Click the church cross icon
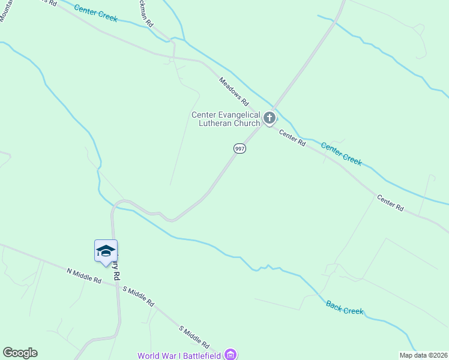(x=270, y=118)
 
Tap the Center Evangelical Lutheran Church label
(x=226, y=119)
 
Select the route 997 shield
(x=239, y=149)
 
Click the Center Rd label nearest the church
(x=292, y=139)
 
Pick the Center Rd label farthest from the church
(x=390, y=203)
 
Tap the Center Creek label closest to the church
(x=341, y=154)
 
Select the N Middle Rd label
(x=84, y=276)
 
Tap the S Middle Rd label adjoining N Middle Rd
(x=139, y=296)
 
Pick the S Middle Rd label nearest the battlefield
(x=194, y=338)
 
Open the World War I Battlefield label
(x=179, y=355)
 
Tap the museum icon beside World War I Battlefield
(x=230, y=355)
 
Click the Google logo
(x=20, y=353)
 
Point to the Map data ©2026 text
(x=423, y=355)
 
